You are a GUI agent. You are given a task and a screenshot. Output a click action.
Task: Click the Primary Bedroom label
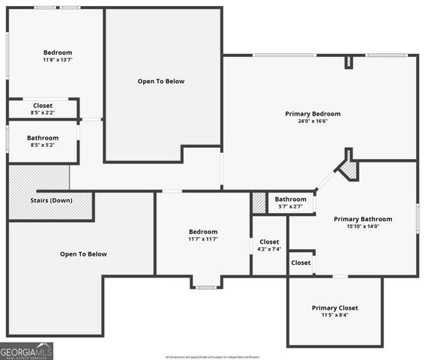[313, 114]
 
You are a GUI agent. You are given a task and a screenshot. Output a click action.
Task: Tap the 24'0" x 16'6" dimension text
[313, 121]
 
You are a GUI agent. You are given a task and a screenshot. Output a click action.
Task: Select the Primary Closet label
[334, 307]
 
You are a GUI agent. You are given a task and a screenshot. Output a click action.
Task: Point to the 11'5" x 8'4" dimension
[334, 315]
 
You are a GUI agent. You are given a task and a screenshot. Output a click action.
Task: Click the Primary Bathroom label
[363, 219]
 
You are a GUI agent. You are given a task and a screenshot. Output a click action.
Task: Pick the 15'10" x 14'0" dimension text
[363, 226]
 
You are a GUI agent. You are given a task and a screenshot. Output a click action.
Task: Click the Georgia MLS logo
[26, 351]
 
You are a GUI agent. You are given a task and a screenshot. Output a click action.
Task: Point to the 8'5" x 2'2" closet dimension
[43, 112]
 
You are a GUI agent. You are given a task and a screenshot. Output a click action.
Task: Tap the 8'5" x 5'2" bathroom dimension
[43, 145]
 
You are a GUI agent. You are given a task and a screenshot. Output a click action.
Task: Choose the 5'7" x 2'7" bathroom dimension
[290, 206]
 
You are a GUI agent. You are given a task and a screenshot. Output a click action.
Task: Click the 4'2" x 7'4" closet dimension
[269, 249]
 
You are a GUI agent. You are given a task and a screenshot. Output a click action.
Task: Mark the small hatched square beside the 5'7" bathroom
[259, 203]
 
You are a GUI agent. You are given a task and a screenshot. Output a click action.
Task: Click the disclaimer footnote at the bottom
[212, 357]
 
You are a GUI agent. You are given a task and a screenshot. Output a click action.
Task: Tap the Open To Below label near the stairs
[83, 254]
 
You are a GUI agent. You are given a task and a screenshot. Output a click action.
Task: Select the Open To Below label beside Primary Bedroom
[160, 81]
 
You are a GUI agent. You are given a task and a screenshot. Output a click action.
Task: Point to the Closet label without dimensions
[301, 262]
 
